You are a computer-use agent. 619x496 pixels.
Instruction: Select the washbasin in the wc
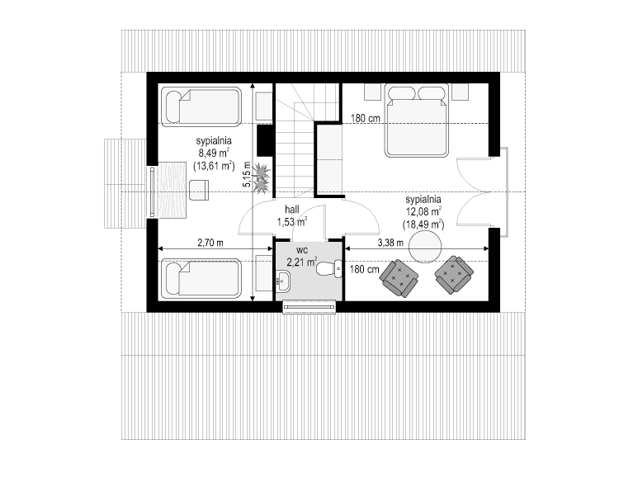283,281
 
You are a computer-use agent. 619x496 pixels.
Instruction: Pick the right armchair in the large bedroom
454,275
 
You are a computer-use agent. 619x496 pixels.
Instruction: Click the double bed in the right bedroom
416,120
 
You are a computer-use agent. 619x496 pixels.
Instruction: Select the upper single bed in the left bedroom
201,106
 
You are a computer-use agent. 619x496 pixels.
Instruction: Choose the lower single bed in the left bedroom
201,278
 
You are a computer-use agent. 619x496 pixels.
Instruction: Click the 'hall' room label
291,210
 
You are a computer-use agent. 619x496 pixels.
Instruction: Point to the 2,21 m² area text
301,262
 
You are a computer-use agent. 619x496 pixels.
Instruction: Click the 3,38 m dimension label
390,243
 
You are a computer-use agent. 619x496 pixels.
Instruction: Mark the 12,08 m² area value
423,212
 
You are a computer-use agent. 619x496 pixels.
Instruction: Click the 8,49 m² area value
214,153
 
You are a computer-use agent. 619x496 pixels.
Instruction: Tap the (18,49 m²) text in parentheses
423,224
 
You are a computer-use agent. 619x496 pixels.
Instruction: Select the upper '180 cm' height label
364,119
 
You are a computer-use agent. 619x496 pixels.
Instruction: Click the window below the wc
310,307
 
